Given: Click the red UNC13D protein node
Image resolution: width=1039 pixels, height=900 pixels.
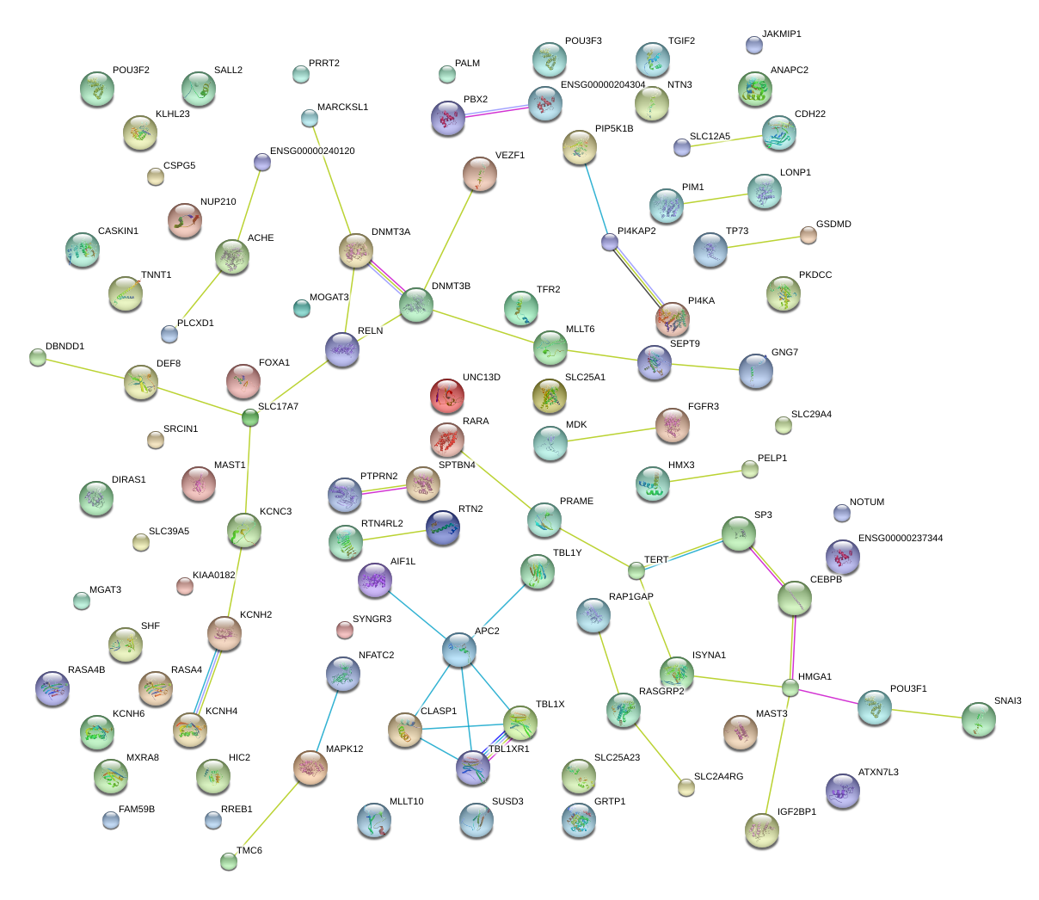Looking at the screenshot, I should coord(446,396).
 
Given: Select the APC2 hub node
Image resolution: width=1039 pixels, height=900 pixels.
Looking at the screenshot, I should coord(459,650).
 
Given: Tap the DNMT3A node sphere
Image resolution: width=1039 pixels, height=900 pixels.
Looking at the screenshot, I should coord(356,250).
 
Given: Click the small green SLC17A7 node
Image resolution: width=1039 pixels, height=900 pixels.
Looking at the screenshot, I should coord(250,418).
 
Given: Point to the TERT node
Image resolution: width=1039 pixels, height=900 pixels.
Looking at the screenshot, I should coord(636,570).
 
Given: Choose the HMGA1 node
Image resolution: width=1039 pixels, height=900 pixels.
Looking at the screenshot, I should coord(790,687).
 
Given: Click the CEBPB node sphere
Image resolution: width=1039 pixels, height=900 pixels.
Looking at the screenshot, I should coord(794,599).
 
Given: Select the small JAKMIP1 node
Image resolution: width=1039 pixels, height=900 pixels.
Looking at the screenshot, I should coord(754,45).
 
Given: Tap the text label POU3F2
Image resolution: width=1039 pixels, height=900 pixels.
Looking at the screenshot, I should coord(131,71).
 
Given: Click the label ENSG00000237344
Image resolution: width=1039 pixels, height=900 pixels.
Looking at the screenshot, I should coord(901,539).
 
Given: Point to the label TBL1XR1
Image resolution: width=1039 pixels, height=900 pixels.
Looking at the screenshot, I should coord(509,749).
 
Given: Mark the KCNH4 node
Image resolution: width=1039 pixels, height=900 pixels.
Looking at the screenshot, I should coord(190,730).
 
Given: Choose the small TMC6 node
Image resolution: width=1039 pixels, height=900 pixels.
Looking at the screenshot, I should coord(228,861).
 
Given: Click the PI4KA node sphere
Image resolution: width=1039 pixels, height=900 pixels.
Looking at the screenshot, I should coord(673,319).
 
